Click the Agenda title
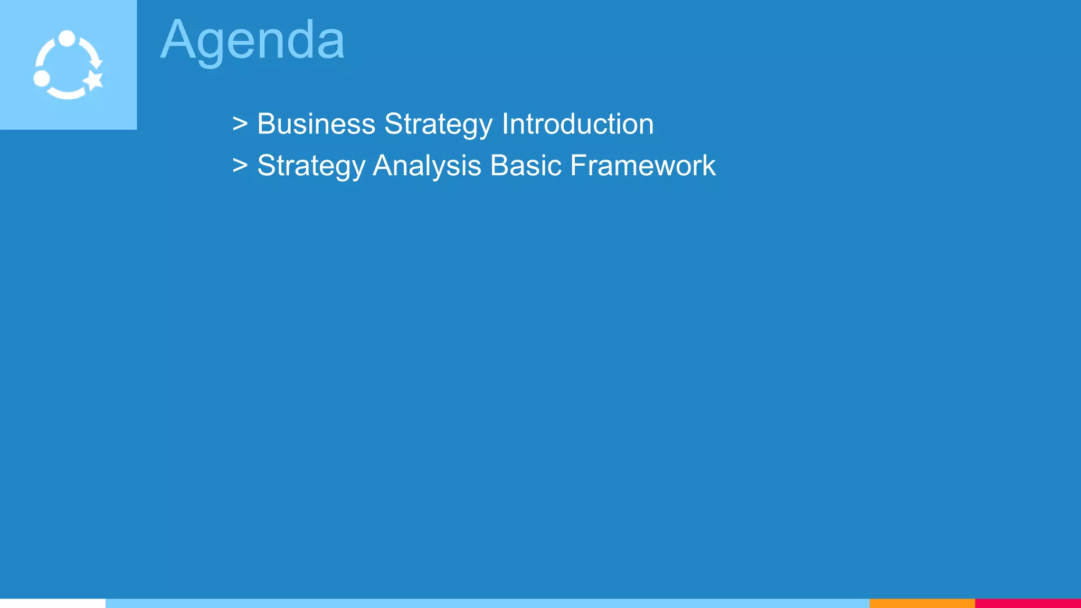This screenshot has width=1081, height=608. pos(252,40)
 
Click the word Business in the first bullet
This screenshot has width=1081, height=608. pos(316,124)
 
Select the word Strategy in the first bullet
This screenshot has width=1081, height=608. pos(438,125)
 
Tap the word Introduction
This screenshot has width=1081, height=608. pos(577,124)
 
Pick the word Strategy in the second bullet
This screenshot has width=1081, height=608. pos(311,166)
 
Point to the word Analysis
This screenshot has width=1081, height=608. pos(427,166)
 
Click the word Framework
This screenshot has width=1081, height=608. pos(643,166)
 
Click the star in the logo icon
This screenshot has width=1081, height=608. pos(94,81)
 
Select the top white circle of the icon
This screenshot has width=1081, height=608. pos(67,39)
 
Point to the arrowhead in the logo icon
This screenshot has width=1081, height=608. pos(96,63)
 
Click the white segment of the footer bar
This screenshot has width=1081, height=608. pos(53,603)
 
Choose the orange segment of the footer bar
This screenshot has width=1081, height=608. pos(922,603)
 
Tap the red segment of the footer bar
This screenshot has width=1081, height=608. pos(1028,603)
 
